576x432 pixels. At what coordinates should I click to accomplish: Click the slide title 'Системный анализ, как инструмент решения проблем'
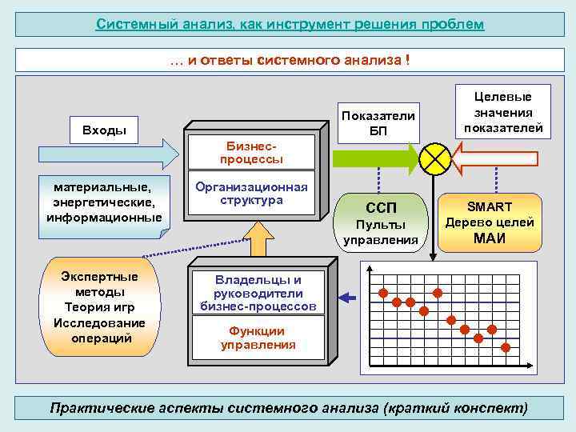tap(290, 24)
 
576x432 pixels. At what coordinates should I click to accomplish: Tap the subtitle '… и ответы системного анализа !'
tap(290, 60)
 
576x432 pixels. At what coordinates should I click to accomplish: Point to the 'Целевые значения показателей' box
tap(503, 111)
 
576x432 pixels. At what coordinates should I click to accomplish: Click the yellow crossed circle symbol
tap(436, 158)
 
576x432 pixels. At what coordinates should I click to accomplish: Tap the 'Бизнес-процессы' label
tap(254, 153)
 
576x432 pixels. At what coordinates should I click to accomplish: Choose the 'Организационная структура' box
tap(251, 193)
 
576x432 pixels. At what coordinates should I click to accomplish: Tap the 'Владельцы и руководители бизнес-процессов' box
tap(258, 293)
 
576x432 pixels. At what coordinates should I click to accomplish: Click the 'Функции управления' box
tap(258, 338)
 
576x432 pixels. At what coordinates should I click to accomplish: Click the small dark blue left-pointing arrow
tap(346, 298)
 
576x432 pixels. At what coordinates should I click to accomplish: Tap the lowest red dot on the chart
tap(506, 346)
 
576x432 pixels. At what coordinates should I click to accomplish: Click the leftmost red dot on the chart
tap(383, 292)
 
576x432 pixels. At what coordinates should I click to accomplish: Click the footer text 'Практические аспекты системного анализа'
tap(289, 407)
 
